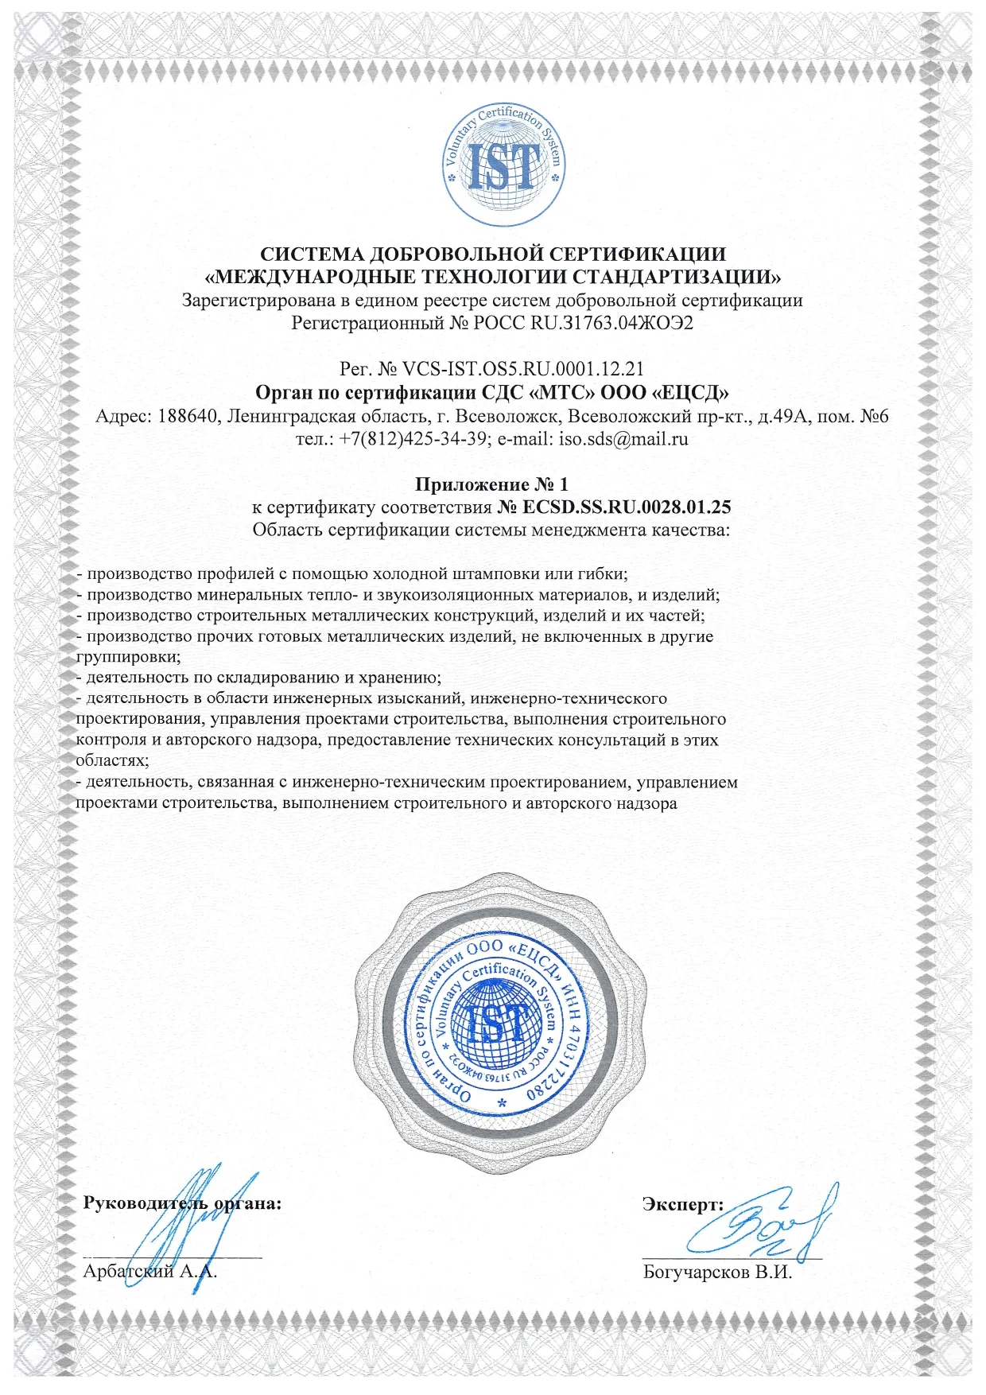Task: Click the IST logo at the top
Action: tap(503, 165)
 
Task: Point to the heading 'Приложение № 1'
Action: tap(492, 484)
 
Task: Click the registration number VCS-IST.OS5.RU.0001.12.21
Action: tap(523, 369)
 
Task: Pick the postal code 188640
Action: tap(189, 416)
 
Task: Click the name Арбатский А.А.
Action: tap(149, 1271)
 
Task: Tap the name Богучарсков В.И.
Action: tap(717, 1272)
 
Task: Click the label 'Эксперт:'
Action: tap(682, 1204)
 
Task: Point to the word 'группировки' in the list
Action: tap(127, 658)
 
